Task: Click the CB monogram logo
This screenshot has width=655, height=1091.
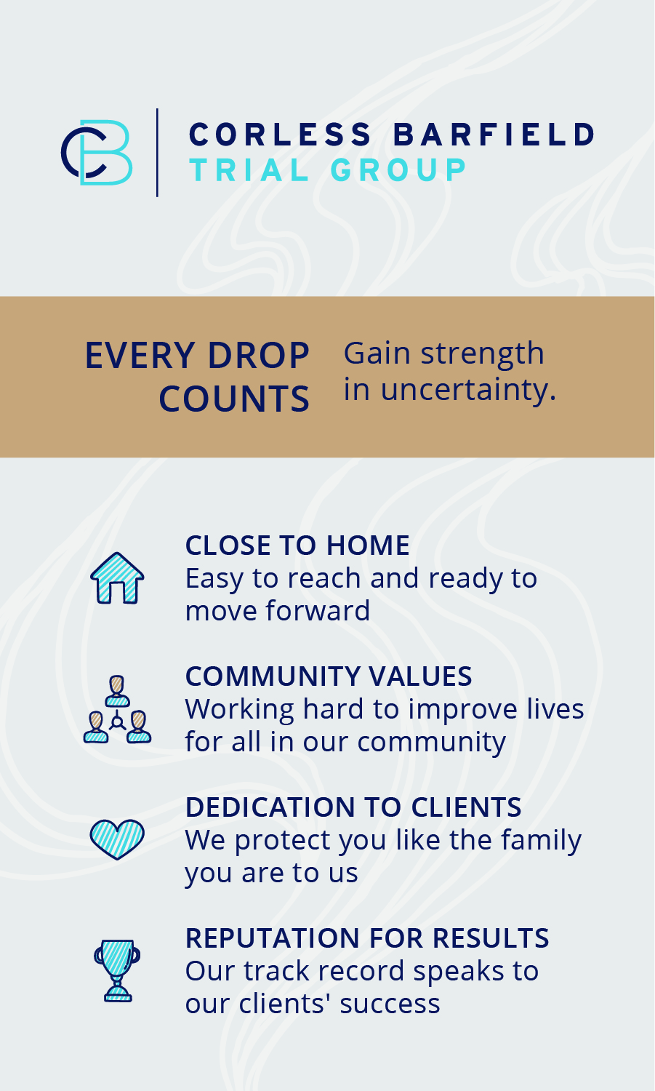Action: [97, 153]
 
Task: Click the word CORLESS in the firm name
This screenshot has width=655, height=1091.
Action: [281, 134]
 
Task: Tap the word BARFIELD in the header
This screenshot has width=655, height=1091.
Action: [494, 134]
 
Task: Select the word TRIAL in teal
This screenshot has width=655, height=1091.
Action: [249, 170]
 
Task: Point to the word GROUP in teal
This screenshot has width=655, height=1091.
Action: [398, 170]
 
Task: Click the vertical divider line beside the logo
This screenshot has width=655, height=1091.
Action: [157, 153]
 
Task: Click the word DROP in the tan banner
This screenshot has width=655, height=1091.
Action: [259, 356]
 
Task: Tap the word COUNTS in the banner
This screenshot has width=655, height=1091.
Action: [234, 399]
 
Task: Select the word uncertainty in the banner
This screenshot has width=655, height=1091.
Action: [468, 391]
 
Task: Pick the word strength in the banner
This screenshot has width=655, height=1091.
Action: [483, 353]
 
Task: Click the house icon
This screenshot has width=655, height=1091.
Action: [117, 578]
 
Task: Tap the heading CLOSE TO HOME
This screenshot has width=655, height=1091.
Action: [297, 545]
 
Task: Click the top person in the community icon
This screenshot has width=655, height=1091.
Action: [117, 691]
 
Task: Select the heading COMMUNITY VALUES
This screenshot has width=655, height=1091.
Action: [329, 676]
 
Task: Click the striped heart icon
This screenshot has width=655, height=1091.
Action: [117, 839]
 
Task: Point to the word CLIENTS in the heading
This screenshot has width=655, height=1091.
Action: [467, 807]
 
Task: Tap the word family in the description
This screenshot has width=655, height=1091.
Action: [541, 841]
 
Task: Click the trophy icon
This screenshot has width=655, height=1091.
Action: [117, 971]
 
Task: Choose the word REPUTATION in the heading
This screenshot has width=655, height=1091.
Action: [272, 938]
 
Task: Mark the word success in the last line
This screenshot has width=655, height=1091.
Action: [390, 1004]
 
